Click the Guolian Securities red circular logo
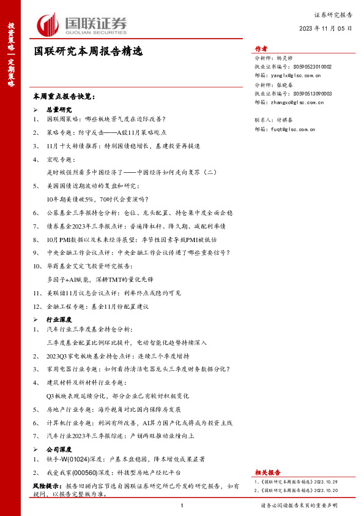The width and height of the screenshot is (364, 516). pos(47,25)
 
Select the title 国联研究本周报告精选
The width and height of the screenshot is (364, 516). pos(88,53)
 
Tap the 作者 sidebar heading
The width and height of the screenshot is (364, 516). pos(261,49)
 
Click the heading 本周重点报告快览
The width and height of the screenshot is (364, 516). pos(64,96)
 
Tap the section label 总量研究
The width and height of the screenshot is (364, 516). pos(59,108)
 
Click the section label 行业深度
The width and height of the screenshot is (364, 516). pos(59,319)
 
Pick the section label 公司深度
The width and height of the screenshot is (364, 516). pos(59,449)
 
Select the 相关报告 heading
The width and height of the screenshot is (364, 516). pos(267,472)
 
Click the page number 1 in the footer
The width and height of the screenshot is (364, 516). pos(182,506)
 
